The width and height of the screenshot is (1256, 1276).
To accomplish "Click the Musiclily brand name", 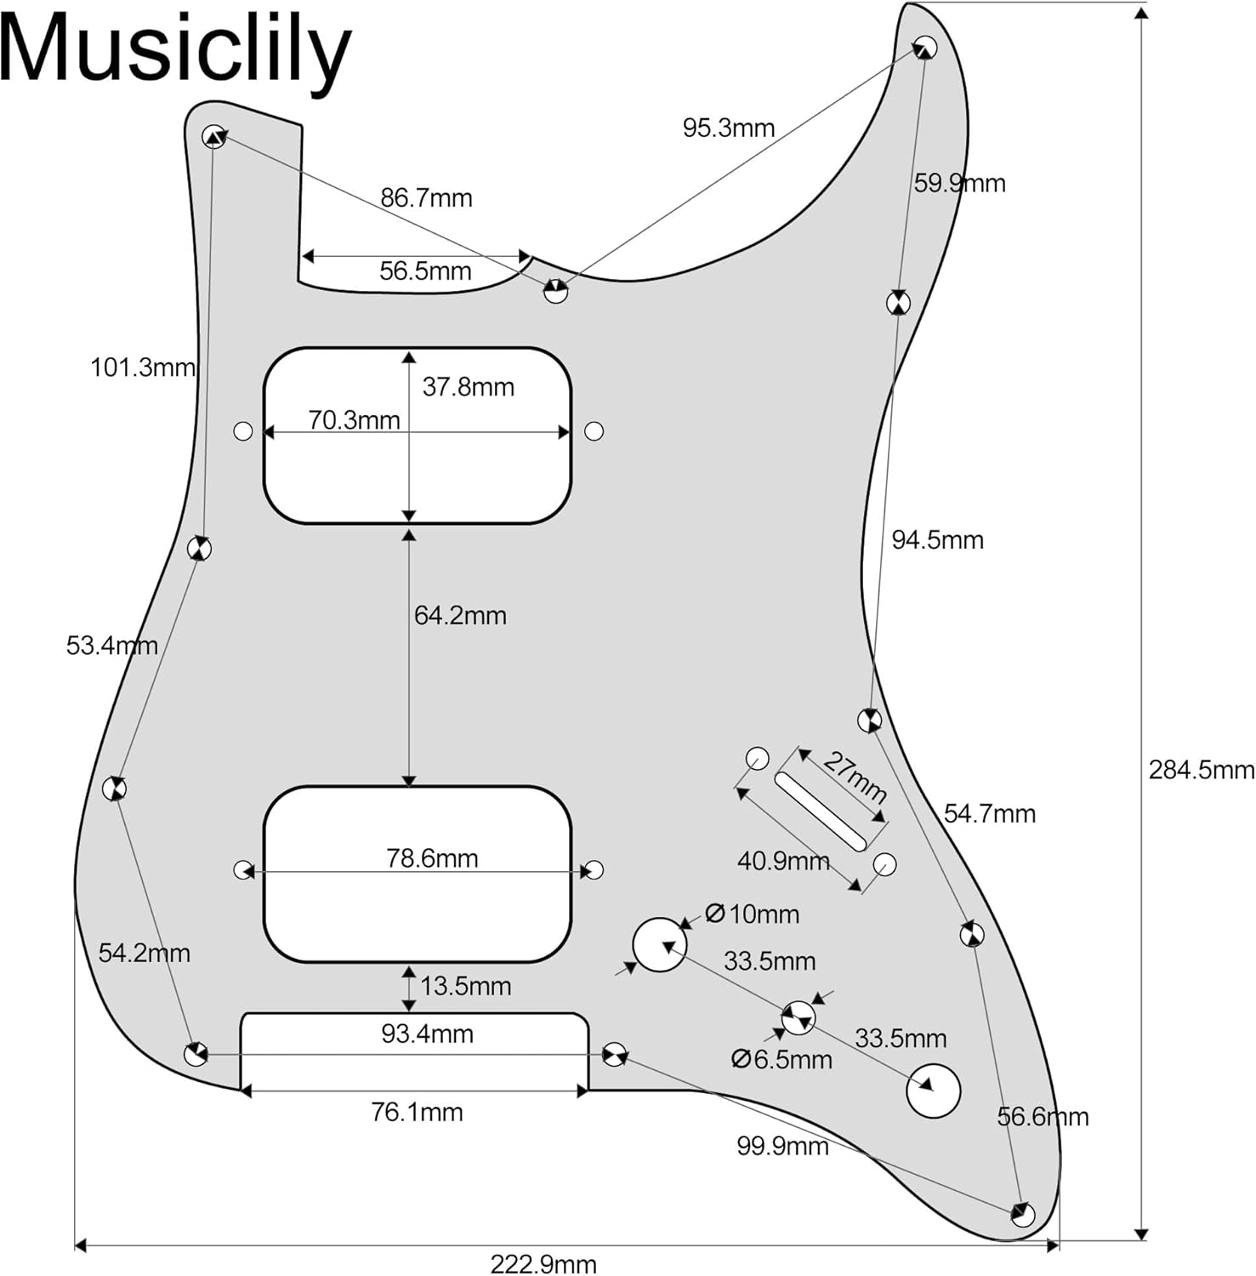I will pyautogui.click(x=174, y=51).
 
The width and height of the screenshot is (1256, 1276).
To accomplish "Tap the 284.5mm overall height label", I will pyautogui.click(x=1200, y=770).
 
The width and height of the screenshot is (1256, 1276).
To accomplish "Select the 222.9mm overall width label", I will pyautogui.click(x=543, y=1263).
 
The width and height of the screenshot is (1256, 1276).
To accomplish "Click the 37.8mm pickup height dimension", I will pyautogui.click(x=468, y=387).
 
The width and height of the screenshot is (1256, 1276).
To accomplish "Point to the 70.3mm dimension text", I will pyautogui.click(x=354, y=420).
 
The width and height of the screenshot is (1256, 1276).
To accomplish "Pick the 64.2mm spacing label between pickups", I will pyautogui.click(x=460, y=615).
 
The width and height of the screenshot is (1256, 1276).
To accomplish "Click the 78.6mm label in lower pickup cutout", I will pyautogui.click(x=432, y=858).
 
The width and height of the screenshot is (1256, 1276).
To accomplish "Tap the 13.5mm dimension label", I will pyautogui.click(x=465, y=986).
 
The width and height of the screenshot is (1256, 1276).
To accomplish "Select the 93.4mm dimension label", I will pyautogui.click(x=427, y=1034).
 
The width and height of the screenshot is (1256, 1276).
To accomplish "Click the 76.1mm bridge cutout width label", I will pyautogui.click(x=417, y=1112).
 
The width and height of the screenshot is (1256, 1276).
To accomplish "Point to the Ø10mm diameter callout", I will pyautogui.click(x=753, y=914).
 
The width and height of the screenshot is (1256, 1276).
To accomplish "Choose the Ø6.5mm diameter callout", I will pyautogui.click(x=781, y=1059).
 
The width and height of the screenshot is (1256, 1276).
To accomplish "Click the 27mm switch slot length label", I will pyautogui.click(x=855, y=777).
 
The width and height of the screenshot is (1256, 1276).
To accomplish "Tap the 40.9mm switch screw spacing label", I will pyautogui.click(x=782, y=861).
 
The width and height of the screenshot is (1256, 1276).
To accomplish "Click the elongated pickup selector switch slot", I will pyautogui.click(x=821, y=812).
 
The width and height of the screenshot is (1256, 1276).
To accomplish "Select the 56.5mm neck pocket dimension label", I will pyautogui.click(x=425, y=271).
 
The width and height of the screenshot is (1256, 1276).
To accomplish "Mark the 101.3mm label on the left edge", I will pyautogui.click(x=143, y=367).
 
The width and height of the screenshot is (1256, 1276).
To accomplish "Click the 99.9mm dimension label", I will pyautogui.click(x=782, y=1146).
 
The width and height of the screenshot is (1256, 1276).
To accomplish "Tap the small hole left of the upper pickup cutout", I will pyautogui.click(x=243, y=431).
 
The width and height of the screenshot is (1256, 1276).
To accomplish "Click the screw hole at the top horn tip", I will pyautogui.click(x=926, y=48).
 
